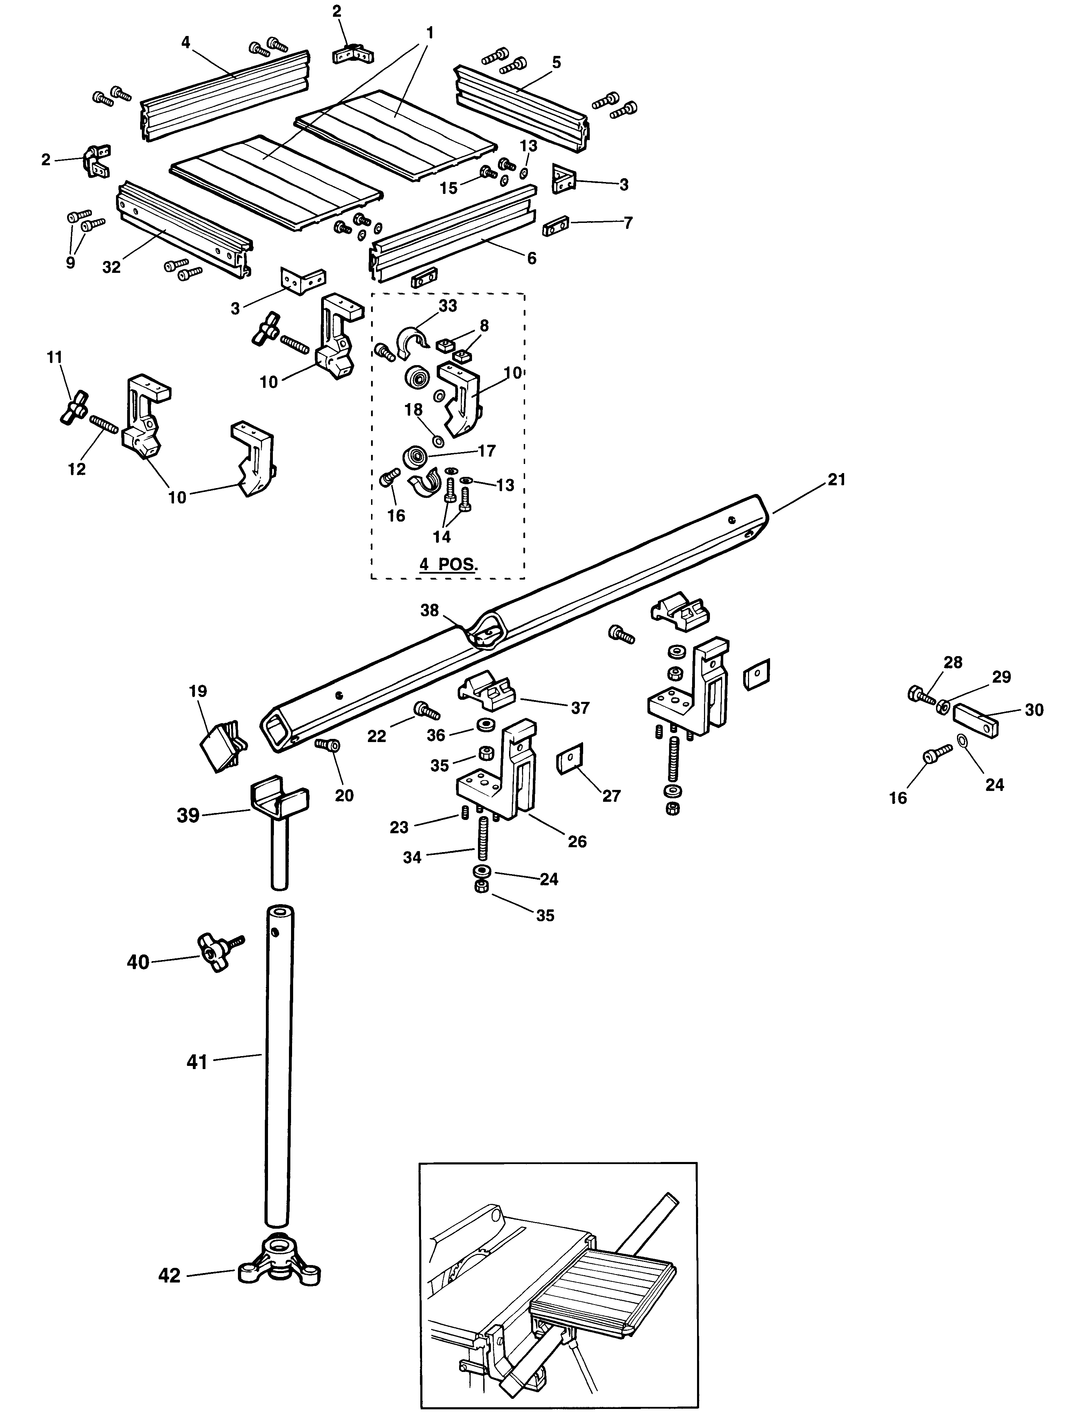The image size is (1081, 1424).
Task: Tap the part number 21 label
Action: tap(836, 480)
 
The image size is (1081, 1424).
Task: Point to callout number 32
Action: tap(111, 267)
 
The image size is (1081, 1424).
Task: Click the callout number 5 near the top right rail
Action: tap(556, 63)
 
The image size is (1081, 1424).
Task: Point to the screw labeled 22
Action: tap(426, 711)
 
